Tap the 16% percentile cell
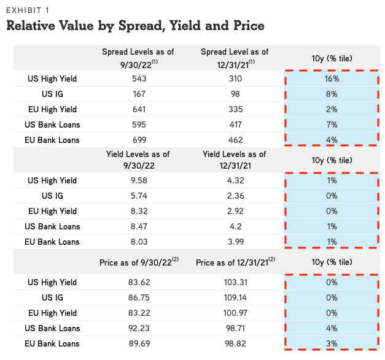(332, 79)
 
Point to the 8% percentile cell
(332, 94)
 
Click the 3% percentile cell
(332, 343)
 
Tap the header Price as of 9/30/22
(141, 262)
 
